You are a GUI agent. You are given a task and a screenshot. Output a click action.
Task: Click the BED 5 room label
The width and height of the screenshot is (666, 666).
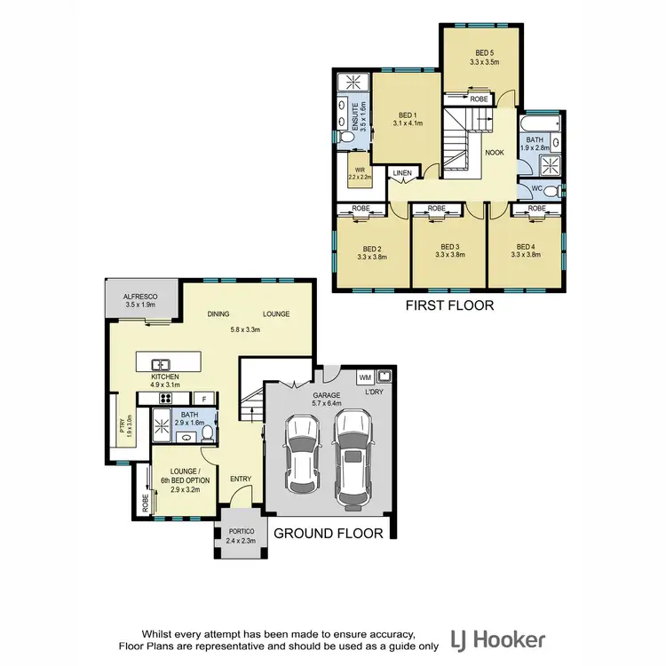point(485,52)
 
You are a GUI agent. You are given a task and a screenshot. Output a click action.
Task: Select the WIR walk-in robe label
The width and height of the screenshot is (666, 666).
point(359,171)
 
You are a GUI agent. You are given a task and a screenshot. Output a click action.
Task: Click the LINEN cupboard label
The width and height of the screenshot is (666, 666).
point(403,173)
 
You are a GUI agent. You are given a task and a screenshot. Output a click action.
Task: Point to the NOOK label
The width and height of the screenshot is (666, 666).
point(495,152)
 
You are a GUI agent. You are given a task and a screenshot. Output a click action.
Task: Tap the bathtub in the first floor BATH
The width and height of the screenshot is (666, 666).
point(542,122)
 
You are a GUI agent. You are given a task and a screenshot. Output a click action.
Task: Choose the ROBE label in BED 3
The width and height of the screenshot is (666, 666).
point(436,209)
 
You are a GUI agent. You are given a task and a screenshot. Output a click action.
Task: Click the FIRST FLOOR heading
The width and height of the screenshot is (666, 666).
point(448,305)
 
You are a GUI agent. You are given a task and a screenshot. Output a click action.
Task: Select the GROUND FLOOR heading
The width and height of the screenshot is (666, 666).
point(328,534)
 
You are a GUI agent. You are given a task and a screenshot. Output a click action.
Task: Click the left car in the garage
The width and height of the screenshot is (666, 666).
point(301,450)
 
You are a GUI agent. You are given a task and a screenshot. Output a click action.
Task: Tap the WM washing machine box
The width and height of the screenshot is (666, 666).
point(365,377)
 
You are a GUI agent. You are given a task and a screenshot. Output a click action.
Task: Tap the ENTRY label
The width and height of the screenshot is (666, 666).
point(241,480)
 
